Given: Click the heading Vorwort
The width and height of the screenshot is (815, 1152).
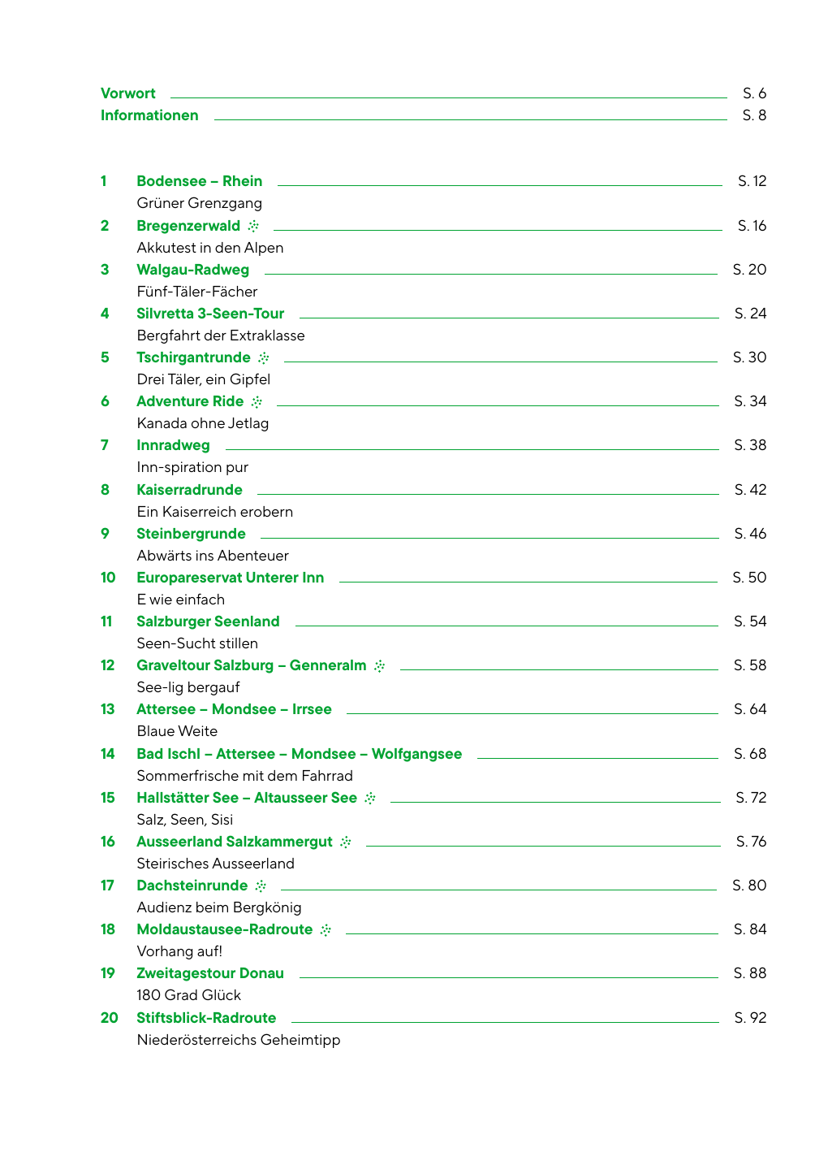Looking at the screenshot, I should [x=127, y=93].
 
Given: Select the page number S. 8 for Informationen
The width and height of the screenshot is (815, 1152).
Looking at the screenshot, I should [x=753, y=115].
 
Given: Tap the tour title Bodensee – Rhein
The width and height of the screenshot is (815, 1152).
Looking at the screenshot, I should [x=199, y=181].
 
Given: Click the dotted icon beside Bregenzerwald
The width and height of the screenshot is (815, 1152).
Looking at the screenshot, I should [x=253, y=226].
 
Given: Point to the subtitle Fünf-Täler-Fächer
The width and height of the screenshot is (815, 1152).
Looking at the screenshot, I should [x=196, y=292].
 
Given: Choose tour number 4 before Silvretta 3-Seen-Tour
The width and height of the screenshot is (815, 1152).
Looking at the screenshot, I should [x=105, y=314].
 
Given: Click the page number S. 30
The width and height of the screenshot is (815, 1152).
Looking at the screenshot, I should [x=748, y=357].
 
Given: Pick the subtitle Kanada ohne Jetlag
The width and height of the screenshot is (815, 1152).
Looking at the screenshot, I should [x=202, y=423].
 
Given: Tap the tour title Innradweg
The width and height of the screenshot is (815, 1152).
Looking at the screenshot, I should [x=173, y=445].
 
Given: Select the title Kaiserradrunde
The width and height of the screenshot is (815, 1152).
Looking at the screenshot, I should [x=189, y=490].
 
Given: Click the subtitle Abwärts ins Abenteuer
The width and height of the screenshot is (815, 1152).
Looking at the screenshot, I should [x=213, y=556].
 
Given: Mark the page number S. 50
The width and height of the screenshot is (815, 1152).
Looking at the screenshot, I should [x=748, y=578].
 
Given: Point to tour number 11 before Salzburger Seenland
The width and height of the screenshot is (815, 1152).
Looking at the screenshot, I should [x=106, y=621].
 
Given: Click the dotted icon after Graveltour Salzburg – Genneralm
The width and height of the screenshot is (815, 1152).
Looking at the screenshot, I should [x=379, y=666].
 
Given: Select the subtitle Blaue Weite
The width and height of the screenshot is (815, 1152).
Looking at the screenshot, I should [x=177, y=731].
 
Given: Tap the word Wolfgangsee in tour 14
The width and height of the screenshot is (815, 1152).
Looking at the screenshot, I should [x=416, y=754].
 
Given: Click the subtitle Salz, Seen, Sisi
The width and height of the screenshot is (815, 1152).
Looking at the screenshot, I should [x=184, y=820].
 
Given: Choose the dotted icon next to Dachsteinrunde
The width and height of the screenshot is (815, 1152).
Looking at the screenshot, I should [x=261, y=886].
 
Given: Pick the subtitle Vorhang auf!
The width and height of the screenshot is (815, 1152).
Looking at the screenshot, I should [x=179, y=951].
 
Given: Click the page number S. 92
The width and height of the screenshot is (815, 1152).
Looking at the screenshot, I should [x=749, y=1018].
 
